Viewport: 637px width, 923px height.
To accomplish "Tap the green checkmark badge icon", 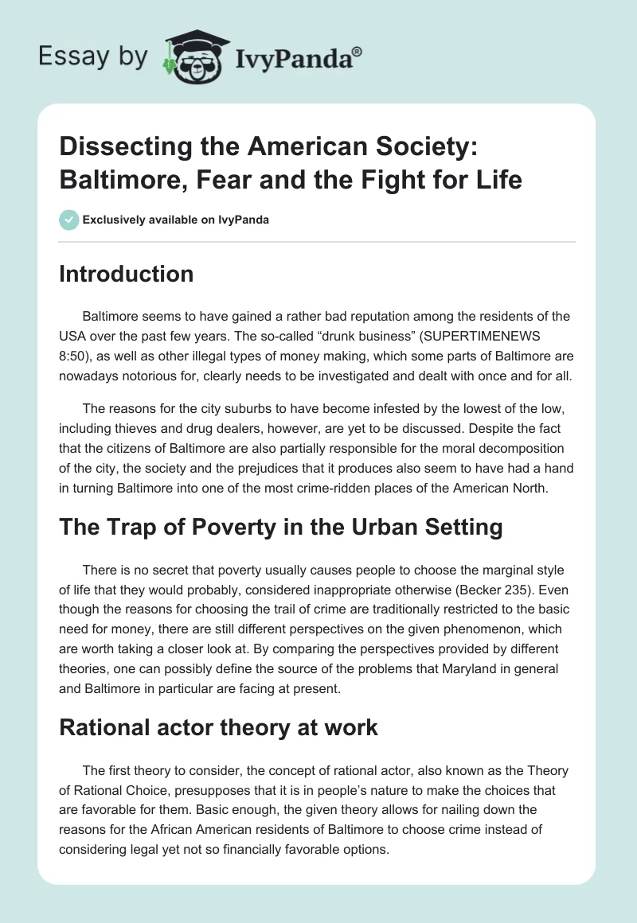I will (68, 220).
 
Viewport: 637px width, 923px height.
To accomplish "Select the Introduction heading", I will (126, 274).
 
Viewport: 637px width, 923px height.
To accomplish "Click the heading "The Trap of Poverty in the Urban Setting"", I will (280, 527).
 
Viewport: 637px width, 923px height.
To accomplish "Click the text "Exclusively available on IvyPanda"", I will (176, 220).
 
